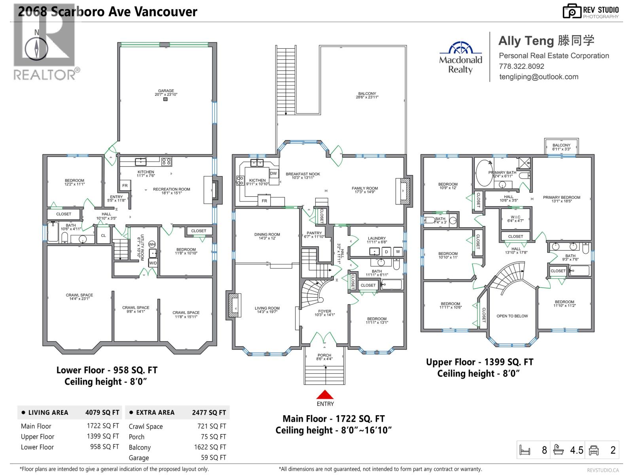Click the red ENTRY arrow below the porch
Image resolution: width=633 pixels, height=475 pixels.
tap(325, 395)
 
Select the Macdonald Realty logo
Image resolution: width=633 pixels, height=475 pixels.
tap(461, 58)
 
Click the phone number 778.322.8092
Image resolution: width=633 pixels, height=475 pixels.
tap(521, 66)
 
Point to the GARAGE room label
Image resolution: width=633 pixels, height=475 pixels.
tap(166, 91)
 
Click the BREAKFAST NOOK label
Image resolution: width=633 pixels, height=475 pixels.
tap(303, 174)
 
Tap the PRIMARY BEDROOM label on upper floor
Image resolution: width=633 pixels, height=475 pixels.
tap(561, 198)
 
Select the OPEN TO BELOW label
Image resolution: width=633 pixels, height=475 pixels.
tap(512, 316)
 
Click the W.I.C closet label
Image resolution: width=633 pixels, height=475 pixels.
tap(515, 217)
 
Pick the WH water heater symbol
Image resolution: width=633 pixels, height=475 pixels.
tap(152, 244)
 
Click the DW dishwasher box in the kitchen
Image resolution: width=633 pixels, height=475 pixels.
tap(273, 173)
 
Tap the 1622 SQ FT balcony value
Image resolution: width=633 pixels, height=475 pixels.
tap(210, 447)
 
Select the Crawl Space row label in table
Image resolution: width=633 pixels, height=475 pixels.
tap(146, 427)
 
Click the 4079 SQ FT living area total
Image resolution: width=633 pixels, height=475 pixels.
tap(102, 412)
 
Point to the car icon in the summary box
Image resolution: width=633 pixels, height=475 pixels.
tap(594, 450)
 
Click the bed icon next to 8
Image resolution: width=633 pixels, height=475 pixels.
tap(525, 450)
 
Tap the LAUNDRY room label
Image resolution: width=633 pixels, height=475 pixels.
tap(376, 239)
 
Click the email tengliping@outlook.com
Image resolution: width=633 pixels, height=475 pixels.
tap(538, 77)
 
